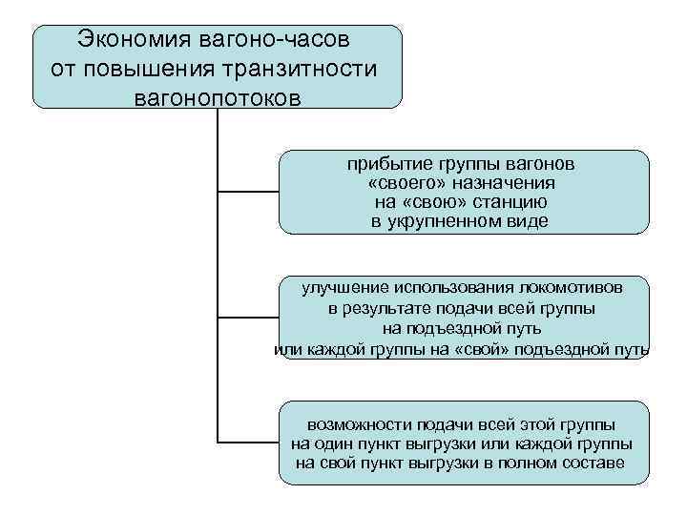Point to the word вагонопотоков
pyautogui.click(x=218, y=97)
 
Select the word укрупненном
pyautogui.click(x=452, y=221)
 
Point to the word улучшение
pyautogui.click(x=342, y=288)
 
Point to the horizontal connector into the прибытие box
pyautogui.click(x=248, y=191)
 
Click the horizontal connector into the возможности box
pyautogui.click(x=248, y=443)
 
